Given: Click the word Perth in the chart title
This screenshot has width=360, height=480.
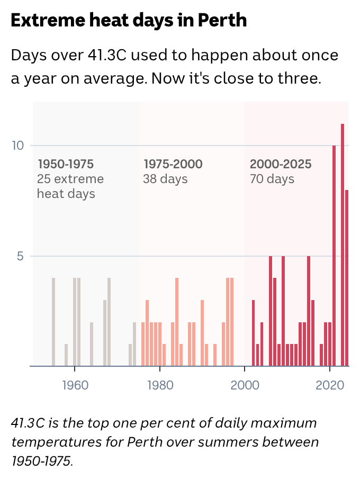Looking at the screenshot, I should click(x=222, y=21).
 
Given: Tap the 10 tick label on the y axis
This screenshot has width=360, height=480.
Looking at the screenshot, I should click(x=19, y=146).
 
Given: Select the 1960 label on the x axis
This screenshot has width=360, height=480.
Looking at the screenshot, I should click(x=75, y=385).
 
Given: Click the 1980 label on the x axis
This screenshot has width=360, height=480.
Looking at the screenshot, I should click(x=159, y=385).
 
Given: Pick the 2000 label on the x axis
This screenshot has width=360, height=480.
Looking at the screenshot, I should click(x=245, y=385).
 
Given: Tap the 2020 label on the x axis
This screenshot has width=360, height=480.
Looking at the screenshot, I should click(x=329, y=385).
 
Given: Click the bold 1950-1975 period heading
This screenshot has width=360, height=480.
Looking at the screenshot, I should click(x=65, y=164).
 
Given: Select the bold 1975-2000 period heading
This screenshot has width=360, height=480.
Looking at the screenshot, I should click(x=173, y=164).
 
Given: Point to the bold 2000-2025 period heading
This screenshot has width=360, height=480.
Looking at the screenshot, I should click(x=281, y=164).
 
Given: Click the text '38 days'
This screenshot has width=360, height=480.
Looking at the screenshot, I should click(x=165, y=179).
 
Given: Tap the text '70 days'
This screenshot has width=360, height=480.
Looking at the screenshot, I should click(x=272, y=179).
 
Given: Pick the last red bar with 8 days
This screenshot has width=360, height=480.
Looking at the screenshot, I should click(x=347, y=278).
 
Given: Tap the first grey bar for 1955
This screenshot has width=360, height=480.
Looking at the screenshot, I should click(x=53, y=322).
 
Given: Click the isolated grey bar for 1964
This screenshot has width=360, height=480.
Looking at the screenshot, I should click(x=92, y=344).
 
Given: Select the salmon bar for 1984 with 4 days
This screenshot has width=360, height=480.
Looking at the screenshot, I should click(x=177, y=322).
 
